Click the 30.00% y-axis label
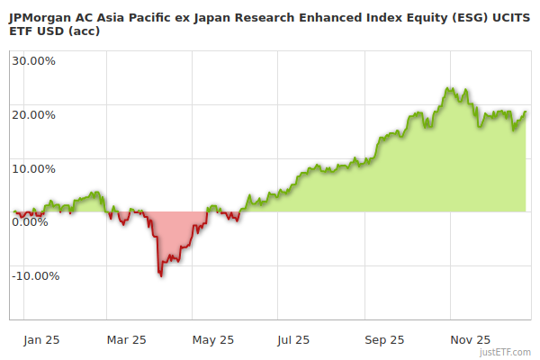pyautogui.click(x=33, y=61)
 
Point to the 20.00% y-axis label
pyautogui.click(x=33, y=114)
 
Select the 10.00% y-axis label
pyautogui.click(x=33, y=168)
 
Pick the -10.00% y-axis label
pyautogui.click(x=35, y=275)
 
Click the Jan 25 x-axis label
pyautogui.click(x=42, y=340)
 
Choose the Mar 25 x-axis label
pyautogui.click(x=127, y=340)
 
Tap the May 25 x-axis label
pyautogui.click(x=213, y=340)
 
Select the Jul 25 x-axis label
pyautogui.click(x=294, y=340)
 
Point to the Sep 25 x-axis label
pyautogui.click(x=384, y=340)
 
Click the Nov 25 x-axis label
pyautogui.click(x=470, y=340)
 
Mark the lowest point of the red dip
pyautogui.click(x=161, y=275)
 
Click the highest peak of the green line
pyautogui.click(x=447, y=88)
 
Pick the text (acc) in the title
pyautogui.click(x=85, y=31)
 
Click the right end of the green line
pyautogui.click(x=526, y=112)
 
